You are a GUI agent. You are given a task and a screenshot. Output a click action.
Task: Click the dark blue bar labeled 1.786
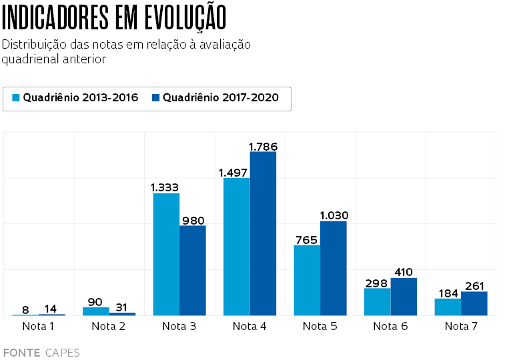pyautogui.click(x=263, y=233)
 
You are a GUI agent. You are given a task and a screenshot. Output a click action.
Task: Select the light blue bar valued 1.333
pyautogui.click(x=166, y=254)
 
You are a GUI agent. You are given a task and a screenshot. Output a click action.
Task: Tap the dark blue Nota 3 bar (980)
pyautogui.click(x=193, y=270)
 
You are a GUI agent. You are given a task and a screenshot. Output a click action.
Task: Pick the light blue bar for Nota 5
pyautogui.click(x=307, y=280)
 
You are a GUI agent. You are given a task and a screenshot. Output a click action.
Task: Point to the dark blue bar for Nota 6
pyautogui.click(x=404, y=297)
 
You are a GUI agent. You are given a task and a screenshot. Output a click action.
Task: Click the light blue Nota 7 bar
pyautogui.click(x=448, y=307)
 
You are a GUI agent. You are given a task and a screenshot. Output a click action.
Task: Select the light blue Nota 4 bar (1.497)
pyautogui.click(x=237, y=247)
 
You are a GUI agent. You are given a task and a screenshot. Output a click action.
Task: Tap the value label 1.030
pyautogui.click(x=334, y=215)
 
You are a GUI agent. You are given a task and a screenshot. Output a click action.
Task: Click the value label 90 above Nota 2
pyautogui.click(x=95, y=302)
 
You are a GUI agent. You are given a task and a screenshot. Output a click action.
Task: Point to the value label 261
pyautogui.click(x=475, y=286)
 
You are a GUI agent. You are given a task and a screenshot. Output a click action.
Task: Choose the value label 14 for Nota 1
pyautogui.click(x=51, y=309)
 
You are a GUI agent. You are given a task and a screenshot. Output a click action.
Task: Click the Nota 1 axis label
pyautogui.click(x=38, y=326)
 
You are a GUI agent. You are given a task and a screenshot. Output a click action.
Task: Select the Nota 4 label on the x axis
pyautogui.click(x=249, y=326)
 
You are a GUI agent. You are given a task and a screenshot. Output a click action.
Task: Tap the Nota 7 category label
pyautogui.click(x=461, y=326)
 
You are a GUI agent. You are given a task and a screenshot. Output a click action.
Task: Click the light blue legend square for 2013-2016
pyautogui.click(x=17, y=98)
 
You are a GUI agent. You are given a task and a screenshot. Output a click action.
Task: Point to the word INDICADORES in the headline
pyautogui.click(x=55, y=18)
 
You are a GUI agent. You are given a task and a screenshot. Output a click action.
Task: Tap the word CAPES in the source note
pyautogui.click(x=62, y=353)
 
